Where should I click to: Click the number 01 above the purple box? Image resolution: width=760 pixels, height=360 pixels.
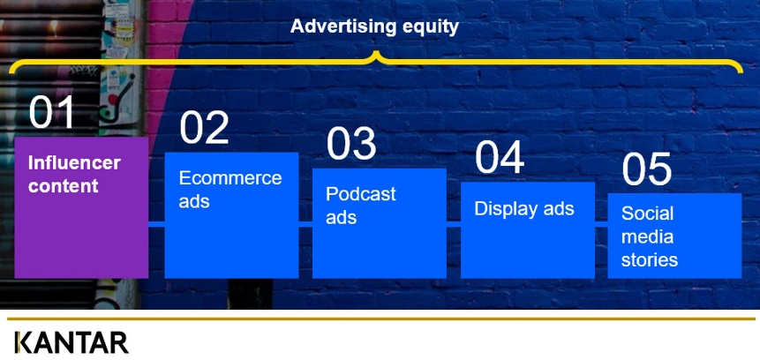(51, 112)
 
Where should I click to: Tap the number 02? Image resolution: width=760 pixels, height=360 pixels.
(204, 127)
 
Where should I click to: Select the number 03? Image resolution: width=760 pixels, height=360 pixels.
(351, 143)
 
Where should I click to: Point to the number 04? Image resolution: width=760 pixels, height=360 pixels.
(500, 157)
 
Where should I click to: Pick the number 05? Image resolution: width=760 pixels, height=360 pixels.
(647, 169)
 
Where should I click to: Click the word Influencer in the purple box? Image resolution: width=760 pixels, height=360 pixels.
(74, 162)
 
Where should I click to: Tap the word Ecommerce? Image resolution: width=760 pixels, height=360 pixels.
(230, 178)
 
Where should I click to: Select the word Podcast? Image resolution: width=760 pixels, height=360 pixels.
(361, 194)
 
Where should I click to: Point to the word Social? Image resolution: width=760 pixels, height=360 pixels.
(648, 214)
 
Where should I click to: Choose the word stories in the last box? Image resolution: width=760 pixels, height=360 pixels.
(650, 260)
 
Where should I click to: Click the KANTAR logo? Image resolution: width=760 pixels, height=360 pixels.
(71, 342)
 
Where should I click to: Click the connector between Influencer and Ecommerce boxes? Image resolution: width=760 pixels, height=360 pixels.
(156, 224)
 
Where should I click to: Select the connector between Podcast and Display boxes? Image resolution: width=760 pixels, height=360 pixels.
(453, 224)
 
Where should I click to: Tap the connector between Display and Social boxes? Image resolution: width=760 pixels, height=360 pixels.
(601, 224)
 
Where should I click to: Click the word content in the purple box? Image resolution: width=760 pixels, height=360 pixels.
(63, 186)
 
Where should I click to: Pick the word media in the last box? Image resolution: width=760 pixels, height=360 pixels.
(647, 237)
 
